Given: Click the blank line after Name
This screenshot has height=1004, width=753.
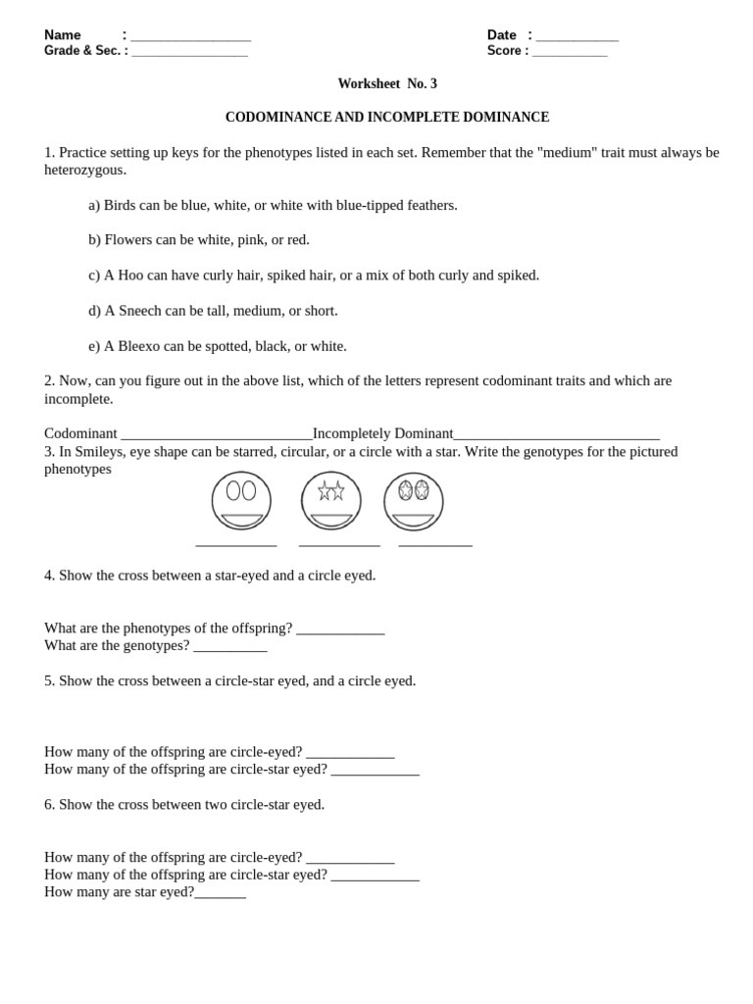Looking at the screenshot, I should tap(190, 37).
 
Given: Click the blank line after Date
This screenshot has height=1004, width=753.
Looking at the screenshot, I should tap(577, 37).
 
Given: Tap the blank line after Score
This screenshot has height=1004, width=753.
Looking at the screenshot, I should tap(570, 53).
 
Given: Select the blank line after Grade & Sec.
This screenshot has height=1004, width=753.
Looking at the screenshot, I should tap(189, 53).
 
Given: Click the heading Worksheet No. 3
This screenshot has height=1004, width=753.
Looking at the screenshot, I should tap(387, 84).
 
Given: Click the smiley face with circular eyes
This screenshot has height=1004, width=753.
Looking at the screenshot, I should tap(241, 500).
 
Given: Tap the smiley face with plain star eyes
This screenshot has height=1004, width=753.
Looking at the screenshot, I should tap(330, 500).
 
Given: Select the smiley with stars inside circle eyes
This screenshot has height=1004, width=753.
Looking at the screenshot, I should tap(413, 501).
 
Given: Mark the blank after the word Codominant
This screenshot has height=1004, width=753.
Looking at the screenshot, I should tap(216, 435).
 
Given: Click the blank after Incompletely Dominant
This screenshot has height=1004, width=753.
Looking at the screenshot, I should tap(556, 435).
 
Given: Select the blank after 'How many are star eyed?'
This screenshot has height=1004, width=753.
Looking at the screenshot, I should tap(220, 894).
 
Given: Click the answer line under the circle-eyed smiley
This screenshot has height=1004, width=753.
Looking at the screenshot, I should tap(235, 543).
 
